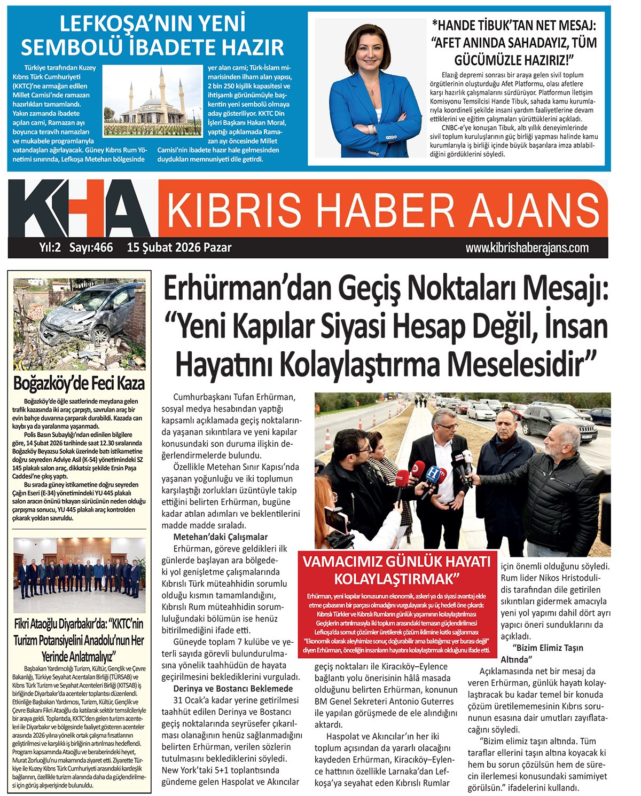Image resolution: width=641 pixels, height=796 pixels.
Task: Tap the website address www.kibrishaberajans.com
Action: [x=527, y=248]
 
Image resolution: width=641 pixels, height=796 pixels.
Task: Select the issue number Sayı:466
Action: [x=91, y=248]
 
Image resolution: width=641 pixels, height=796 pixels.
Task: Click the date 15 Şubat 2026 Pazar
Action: [x=179, y=248]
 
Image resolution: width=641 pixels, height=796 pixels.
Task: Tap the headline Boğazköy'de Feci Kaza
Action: [x=79, y=383]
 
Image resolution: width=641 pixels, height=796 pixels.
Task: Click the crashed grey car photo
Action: [x=79, y=324]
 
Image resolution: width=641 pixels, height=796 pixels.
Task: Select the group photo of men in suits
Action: [x=79, y=574]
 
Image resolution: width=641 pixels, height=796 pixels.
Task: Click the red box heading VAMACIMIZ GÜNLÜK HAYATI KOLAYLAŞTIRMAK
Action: [x=396, y=570]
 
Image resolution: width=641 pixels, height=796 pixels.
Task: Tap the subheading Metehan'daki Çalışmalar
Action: [x=220, y=537]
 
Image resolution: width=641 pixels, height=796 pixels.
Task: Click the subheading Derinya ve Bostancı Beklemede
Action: [x=233, y=688]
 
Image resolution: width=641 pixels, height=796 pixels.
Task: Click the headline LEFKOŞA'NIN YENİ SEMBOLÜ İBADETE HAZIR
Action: [x=152, y=36]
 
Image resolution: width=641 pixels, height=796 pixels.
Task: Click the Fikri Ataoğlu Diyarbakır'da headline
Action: [x=79, y=640]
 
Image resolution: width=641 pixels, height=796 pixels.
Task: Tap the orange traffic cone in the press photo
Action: [x=327, y=439]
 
